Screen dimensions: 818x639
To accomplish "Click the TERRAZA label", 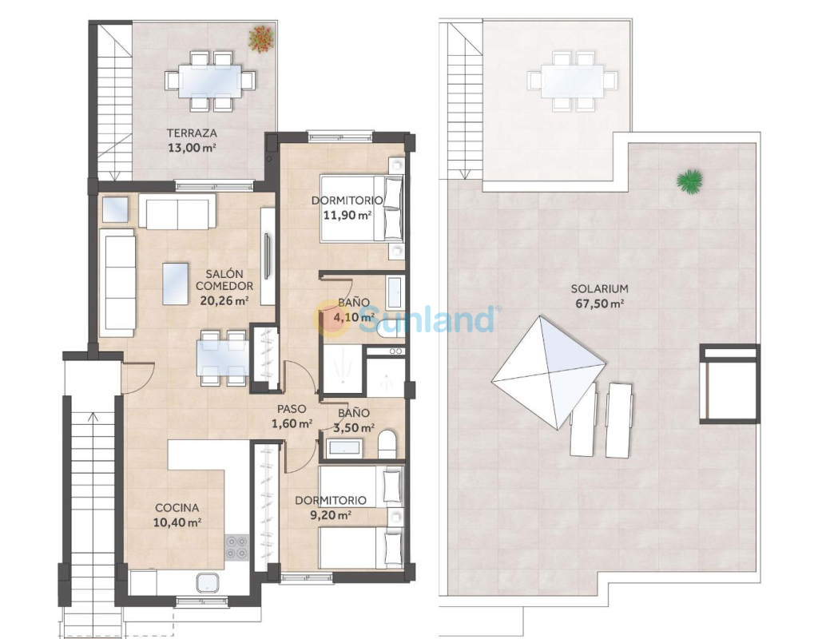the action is pos(192,133).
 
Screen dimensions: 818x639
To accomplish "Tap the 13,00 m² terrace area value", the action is pos(192,148).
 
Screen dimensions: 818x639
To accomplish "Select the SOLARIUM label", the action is pos(599,289).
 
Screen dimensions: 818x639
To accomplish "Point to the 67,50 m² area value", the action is pos(600,304).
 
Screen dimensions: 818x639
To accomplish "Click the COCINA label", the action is pos(177,507).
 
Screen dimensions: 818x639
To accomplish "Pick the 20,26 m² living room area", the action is pos(224,300).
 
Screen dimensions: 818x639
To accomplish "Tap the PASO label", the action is pos(292,410).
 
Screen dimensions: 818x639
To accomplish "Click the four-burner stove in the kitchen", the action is pos(236,548).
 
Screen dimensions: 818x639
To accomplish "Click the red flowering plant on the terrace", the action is pos(261,38).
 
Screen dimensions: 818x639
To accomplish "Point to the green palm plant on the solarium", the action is pos(689,181).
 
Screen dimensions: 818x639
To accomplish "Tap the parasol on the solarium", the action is pos(549,372).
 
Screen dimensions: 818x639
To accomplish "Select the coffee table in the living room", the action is pos(175,284).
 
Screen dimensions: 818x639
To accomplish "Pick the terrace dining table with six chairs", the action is pos(211,81).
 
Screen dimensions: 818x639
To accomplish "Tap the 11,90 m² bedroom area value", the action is pos(347,214).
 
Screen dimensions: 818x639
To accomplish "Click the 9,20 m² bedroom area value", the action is pos(331,515).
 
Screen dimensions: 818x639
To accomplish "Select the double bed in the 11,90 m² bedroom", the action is pos(362,208).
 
